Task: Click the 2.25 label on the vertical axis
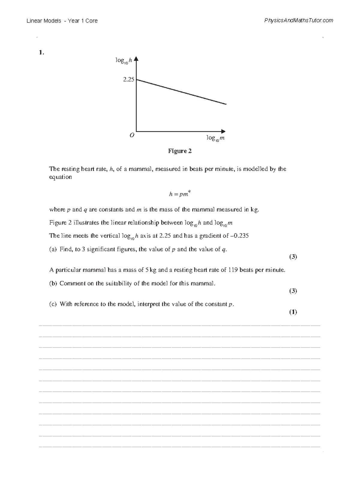(128, 80)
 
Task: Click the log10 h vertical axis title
(124, 61)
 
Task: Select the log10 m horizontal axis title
(215, 138)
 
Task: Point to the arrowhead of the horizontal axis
(223, 131)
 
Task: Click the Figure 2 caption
(180, 151)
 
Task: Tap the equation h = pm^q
(179, 194)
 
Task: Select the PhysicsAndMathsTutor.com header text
(298, 20)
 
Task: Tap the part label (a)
(53, 249)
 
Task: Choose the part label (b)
(53, 284)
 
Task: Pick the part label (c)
(53, 304)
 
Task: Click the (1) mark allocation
(293, 312)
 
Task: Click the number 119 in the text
(233, 270)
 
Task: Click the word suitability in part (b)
(118, 284)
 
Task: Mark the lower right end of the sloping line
(226, 104)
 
